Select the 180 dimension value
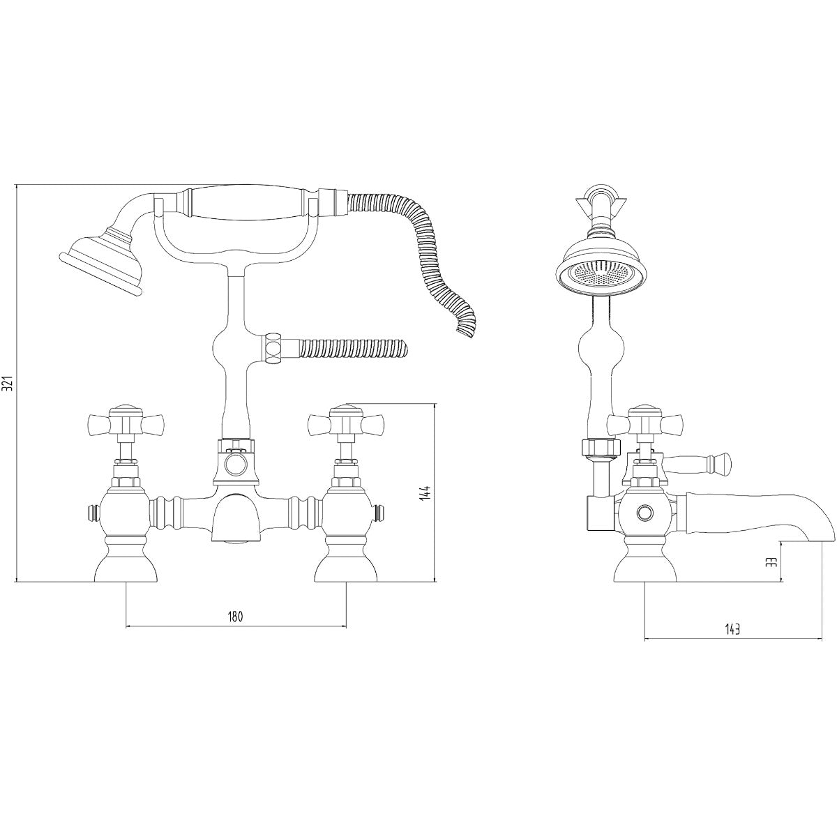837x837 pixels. click(x=235, y=617)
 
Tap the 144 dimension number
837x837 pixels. click(x=427, y=492)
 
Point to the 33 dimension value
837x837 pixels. click(x=771, y=562)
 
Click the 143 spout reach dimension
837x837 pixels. click(x=732, y=629)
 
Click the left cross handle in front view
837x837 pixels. click(x=126, y=423)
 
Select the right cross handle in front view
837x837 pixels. click(x=346, y=423)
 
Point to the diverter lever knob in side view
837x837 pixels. click(x=718, y=461)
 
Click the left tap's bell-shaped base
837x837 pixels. click(x=126, y=566)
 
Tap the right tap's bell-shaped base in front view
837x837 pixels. click(x=346, y=566)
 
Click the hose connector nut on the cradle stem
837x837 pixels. click(x=274, y=348)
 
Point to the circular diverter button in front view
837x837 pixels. click(x=236, y=461)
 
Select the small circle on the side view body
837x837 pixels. click(x=644, y=513)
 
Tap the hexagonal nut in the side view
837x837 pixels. click(x=600, y=447)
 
